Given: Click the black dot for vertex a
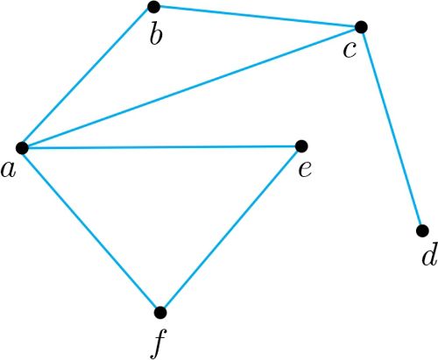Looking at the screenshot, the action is (x=22, y=148).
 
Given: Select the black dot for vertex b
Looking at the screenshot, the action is (x=154, y=7).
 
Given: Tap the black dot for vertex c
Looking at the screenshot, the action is (x=361, y=27).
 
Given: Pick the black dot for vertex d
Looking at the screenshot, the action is (x=422, y=230).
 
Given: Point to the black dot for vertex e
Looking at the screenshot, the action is (x=301, y=146).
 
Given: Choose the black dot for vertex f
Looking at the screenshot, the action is (x=160, y=313).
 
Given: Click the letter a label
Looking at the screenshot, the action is (x=8, y=170).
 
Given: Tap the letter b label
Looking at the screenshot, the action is (x=156, y=34).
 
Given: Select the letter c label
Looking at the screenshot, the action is (x=350, y=50).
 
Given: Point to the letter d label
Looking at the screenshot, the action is (x=429, y=254).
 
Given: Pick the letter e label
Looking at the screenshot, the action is (x=305, y=170).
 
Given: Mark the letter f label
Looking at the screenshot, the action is (x=159, y=343).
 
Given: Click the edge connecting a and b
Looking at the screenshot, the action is (x=88, y=77).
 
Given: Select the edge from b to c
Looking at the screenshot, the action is (x=258, y=17).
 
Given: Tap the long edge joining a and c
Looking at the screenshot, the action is (x=192, y=88).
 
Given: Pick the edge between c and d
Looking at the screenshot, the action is (x=392, y=129).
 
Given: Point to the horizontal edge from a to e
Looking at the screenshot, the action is (x=161, y=147).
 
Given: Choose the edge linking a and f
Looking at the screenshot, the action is (x=91, y=230).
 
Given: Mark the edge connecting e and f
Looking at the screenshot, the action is (x=230, y=229).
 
